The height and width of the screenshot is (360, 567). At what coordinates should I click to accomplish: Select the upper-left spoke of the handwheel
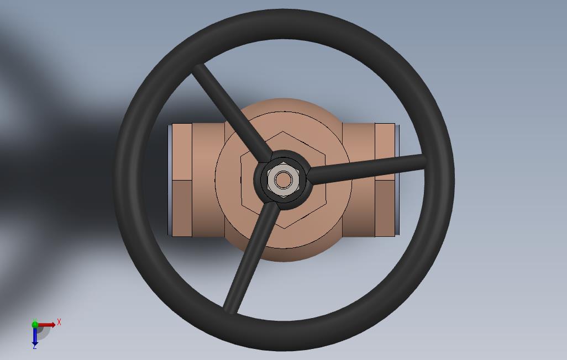(x=232, y=113)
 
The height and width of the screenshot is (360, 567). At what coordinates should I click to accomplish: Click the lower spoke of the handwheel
(x=251, y=257)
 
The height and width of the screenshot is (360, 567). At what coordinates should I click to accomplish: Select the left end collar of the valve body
(x=181, y=179)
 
